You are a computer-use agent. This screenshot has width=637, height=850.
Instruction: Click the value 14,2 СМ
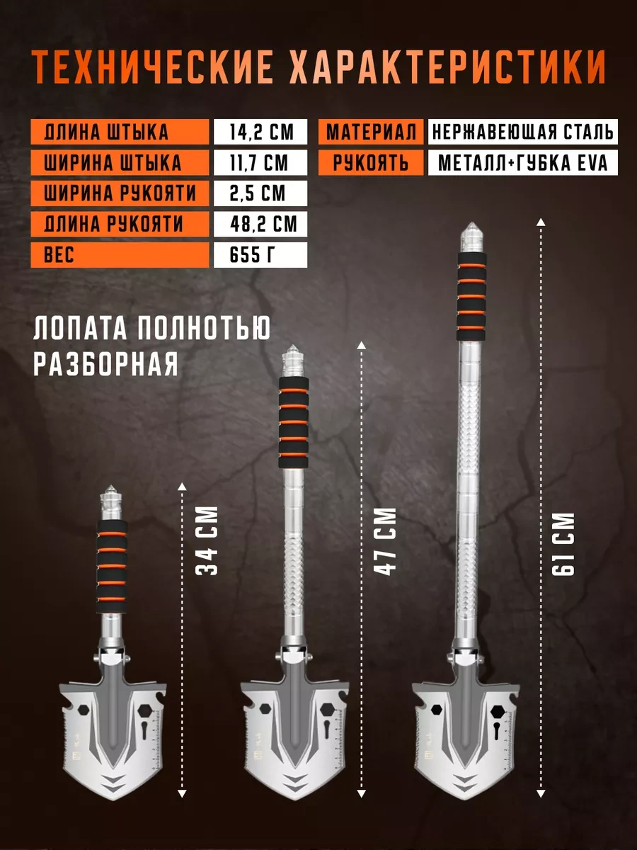pyautogui.click(x=260, y=132)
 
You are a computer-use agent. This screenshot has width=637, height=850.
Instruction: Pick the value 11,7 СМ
pyautogui.click(x=260, y=163)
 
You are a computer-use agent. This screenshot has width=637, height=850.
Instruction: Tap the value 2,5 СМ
pyautogui.click(x=260, y=193)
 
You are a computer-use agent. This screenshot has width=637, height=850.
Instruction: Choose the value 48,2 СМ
pyautogui.click(x=260, y=225)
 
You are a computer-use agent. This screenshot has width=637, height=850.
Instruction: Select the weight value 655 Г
pyautogui.click(x=260, y=255)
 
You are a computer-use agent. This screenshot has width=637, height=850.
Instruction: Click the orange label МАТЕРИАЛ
pyautogui.click(x=371, y=132)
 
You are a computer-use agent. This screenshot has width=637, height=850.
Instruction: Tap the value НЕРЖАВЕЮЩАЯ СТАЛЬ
pyautogui.click(x=522, y=132)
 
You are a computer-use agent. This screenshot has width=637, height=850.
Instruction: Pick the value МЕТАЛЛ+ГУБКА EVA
pyautogui.click(x=522, y=163)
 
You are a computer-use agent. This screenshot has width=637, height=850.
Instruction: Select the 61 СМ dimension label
pyautogui.click(x=565, y=545)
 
